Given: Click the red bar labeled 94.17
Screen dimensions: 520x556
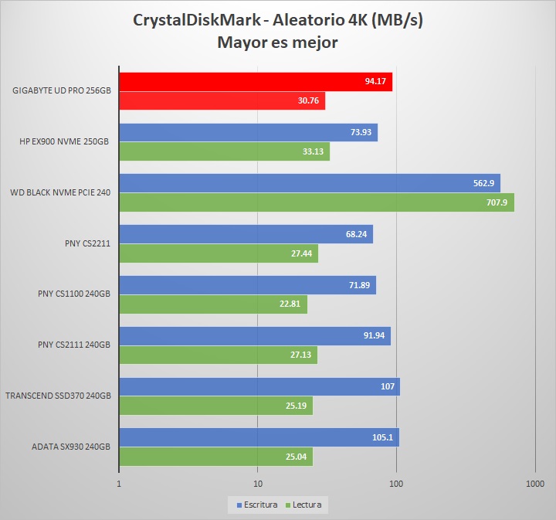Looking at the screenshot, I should pos(255,82).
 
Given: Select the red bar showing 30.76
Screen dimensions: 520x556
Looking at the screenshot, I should pos(222,101).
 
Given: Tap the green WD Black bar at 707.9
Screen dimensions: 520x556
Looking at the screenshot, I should pos(316,202).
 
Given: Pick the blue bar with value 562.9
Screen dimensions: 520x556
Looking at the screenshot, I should pos(309,183).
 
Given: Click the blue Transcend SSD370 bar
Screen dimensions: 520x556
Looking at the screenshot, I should pos(259,386).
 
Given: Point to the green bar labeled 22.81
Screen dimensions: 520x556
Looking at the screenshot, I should pos(212,304).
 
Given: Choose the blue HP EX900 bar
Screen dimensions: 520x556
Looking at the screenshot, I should pos(248,132).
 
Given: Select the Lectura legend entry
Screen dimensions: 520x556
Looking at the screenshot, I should pos(305,505).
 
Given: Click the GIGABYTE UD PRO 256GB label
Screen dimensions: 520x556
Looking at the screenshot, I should pos(61,90).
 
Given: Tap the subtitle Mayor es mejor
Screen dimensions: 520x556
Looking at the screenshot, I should pos(278,42).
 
